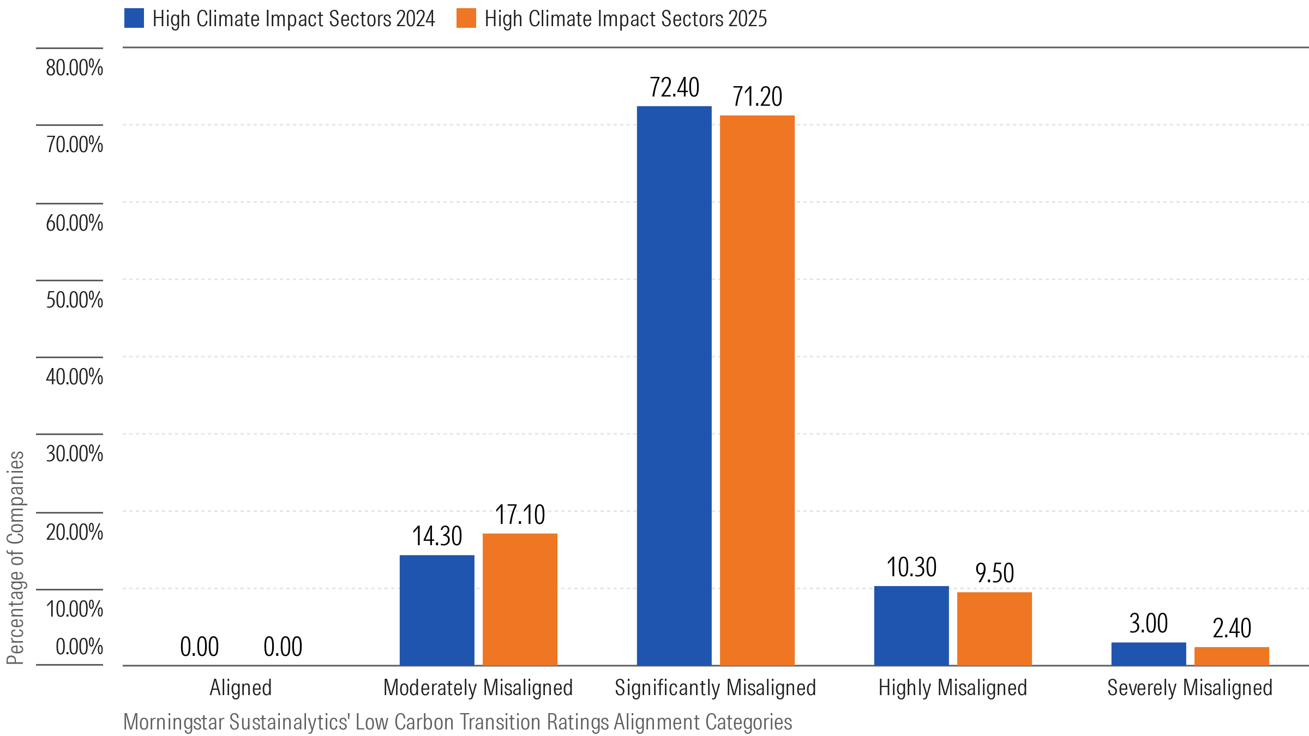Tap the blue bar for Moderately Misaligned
pyautogui.click(x=437, y=610)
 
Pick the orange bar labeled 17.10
pyautogui.click(x=520, y=599)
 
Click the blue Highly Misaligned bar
pyautogui.click(x=911, y=625)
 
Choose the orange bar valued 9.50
pyautogui.click(x=994, y=629)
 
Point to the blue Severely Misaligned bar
pyautogui.click(x=1149, y=654)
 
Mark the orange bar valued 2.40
pyautogui.click(x=1232, y=656)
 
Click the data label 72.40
pyautogui.click(x=674, y=87)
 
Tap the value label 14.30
pyautogui.click(x=437, y=536)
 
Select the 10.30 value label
pyautogui.click(x=911, y=567)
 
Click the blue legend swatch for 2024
pyautogui.click(x=134, y=18)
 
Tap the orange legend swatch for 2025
pyautogui.click(x=466, y=18)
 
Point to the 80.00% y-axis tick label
pyautogui.click(x=74, y=68)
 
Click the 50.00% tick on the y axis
pyautogui.click(x=74, y=300)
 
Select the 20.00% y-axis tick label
pyautogui.click(x=74, y=532)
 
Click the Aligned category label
pyautogui.click(x=241, y=687)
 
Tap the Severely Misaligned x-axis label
pyautogui.click(x=1190, y=687)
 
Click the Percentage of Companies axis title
pyautogui.click(x=15, y=557)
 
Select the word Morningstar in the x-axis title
pyautogui.click(x=174, y=722)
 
